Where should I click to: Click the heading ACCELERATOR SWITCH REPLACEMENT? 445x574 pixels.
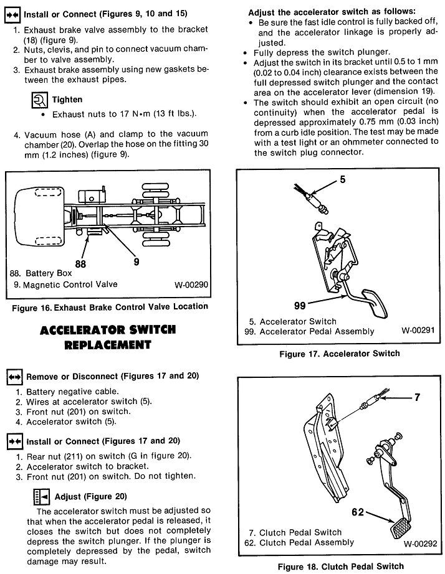pos(108,337)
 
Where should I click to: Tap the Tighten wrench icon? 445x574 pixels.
pos(39,99)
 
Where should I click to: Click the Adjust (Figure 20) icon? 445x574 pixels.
pos(41,496)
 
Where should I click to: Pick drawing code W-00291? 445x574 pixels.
pos(421,331)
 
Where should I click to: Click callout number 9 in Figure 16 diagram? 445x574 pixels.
pos(136,262)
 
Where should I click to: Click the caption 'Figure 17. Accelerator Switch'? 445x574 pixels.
pos(338,354)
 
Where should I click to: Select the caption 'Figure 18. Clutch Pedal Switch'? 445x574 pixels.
pos(338,567)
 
